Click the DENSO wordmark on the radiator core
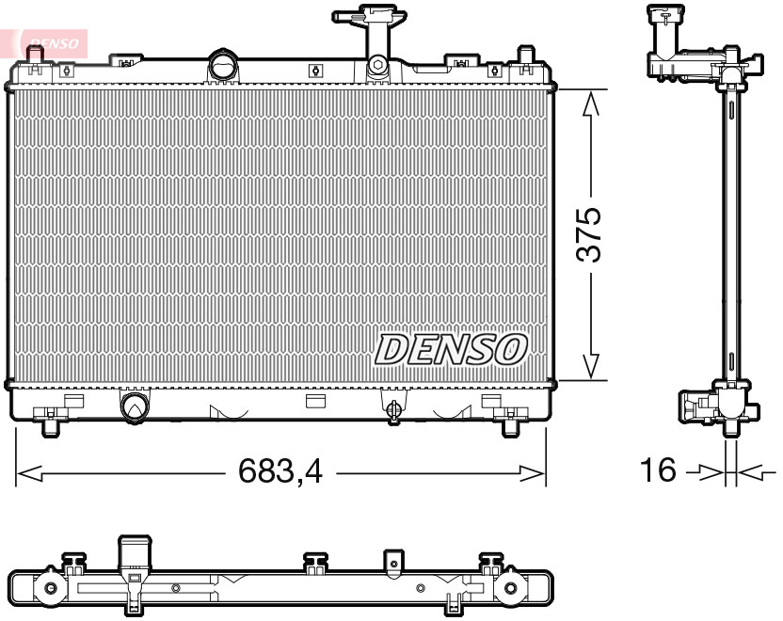click(x=451, y=349)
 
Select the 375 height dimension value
click(x=587, y=235)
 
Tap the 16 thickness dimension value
click(x=659, y=470)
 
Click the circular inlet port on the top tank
click(x=224, y=67)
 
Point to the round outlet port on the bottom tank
click(x=134, y=406)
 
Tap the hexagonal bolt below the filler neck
click(x=376, y=66)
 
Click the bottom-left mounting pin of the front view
click(x=49, y=425)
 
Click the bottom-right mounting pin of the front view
click(x=509, y=425)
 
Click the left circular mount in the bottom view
click(x=49, y=590)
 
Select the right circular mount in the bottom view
click(x=510, y=590)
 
